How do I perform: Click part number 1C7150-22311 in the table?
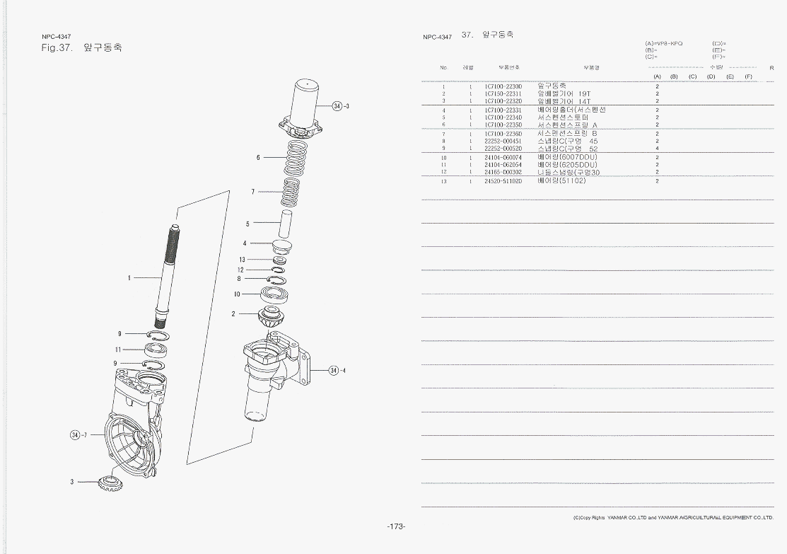[503, 93]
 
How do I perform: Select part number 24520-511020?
[503, 181]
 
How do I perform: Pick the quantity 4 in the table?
[657, 149]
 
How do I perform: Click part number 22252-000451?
[503, 141]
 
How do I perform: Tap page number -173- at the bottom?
[395, 526]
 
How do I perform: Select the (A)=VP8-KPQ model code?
[663, 44]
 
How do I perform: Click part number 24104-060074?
[503, 157]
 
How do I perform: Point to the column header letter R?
[771, 67]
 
